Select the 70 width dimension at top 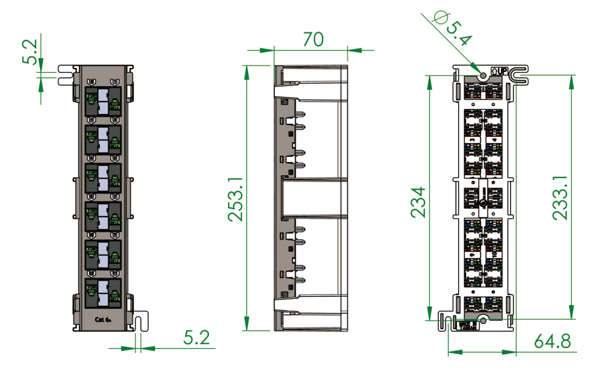tap(313, 39)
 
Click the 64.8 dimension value tap(552, 341)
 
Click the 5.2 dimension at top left tap(31, 52)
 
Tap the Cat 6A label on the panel tap(103, 319)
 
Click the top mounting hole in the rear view tap(483, 76)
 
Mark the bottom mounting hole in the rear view tap(483, 320)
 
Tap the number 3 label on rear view tap(472, 140)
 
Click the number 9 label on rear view tap(472, 254)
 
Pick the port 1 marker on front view tap(91, 82)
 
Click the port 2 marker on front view tap(114, 82)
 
